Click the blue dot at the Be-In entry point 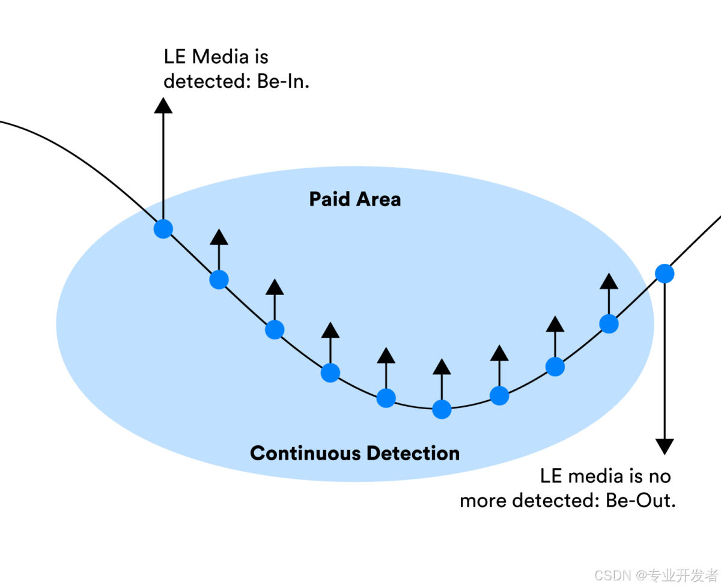coord(163,228)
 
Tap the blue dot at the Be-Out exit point coord(664,273)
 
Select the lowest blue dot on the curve coord(442,409)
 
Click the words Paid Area coord(354,199)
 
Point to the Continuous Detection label coord(354,453)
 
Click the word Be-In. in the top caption coord(283,81)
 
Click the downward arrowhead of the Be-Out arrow coord(664,446)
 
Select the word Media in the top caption coord(220,57)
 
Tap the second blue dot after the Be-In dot coord(275,329)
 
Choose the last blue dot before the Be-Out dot coord(609,324)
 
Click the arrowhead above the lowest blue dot coord(442,366)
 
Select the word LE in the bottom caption coord(552,476)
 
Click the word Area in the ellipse coord(379,199)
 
